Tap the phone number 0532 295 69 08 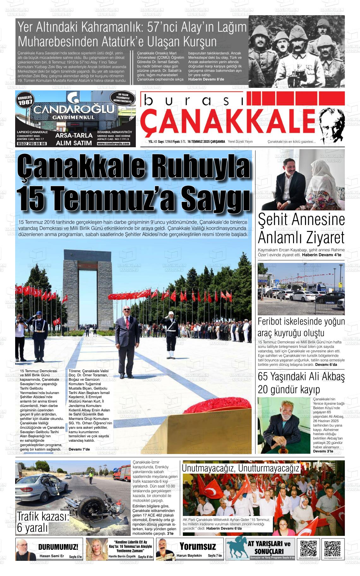click(x=32, y=143)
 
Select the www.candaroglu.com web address click(x=114, y=143)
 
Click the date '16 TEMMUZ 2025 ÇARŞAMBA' click(x=206, y=142)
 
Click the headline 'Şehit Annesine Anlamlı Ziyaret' click(x=301, y=229)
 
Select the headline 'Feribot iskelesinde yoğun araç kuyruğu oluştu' click(x=301, y=327)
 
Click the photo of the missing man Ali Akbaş click(x=284, y=425)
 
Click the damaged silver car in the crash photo click(x=41, y=487)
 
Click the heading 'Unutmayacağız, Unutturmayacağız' click(x=240, y=468)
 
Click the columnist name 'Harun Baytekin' click(x=189, y=555)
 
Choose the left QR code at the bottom click(x=308, y=549)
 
